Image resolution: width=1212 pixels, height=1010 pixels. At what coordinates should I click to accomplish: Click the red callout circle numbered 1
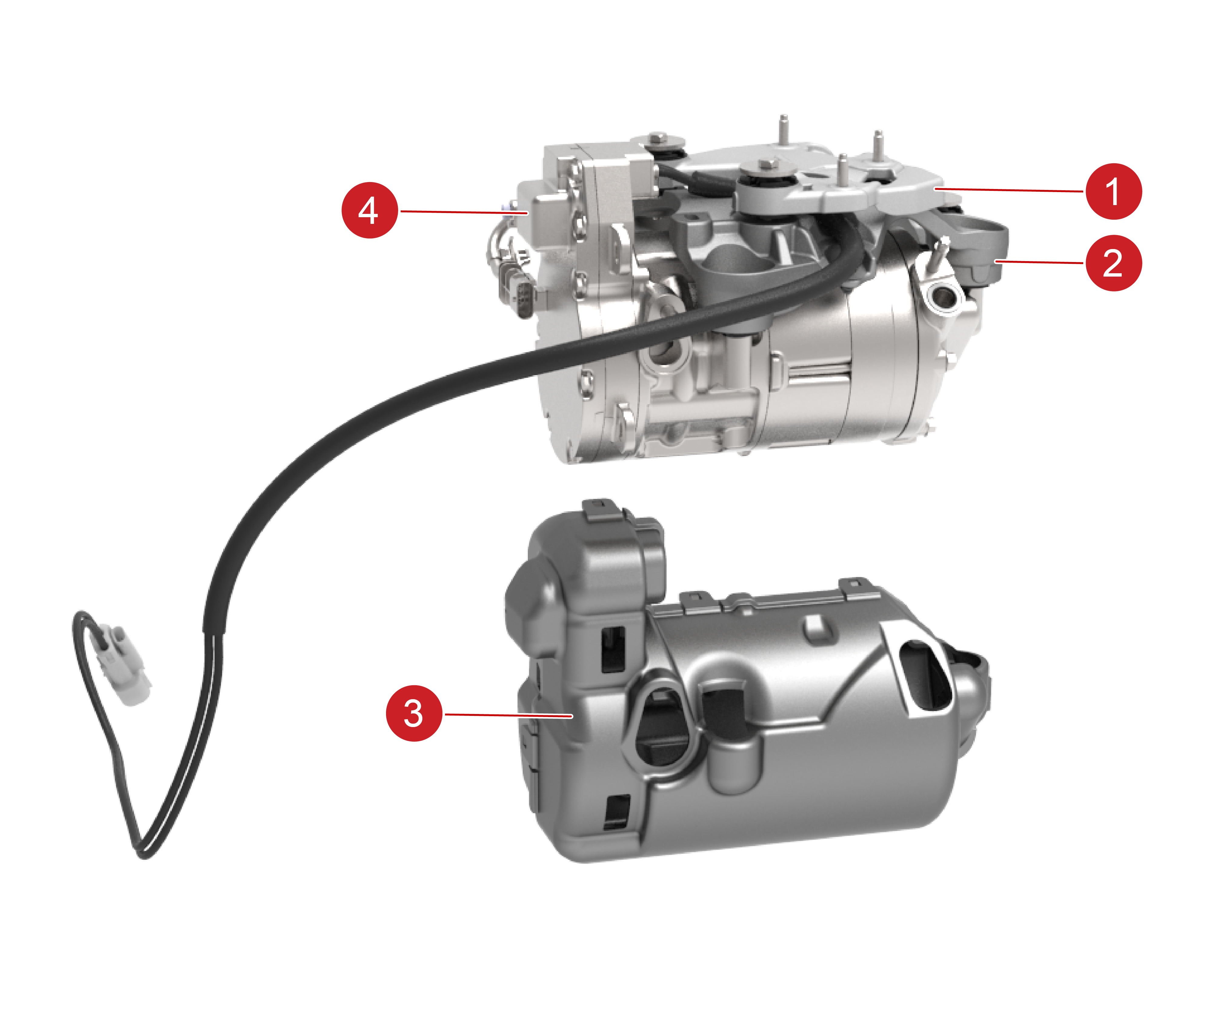pyautogui.click(x=1113, y=192)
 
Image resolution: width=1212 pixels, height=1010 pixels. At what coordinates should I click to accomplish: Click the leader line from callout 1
pyautogui.click(x=1010, y=190)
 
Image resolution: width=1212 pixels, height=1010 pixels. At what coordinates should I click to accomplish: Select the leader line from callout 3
pyautogui.click(x=508, y=715)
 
